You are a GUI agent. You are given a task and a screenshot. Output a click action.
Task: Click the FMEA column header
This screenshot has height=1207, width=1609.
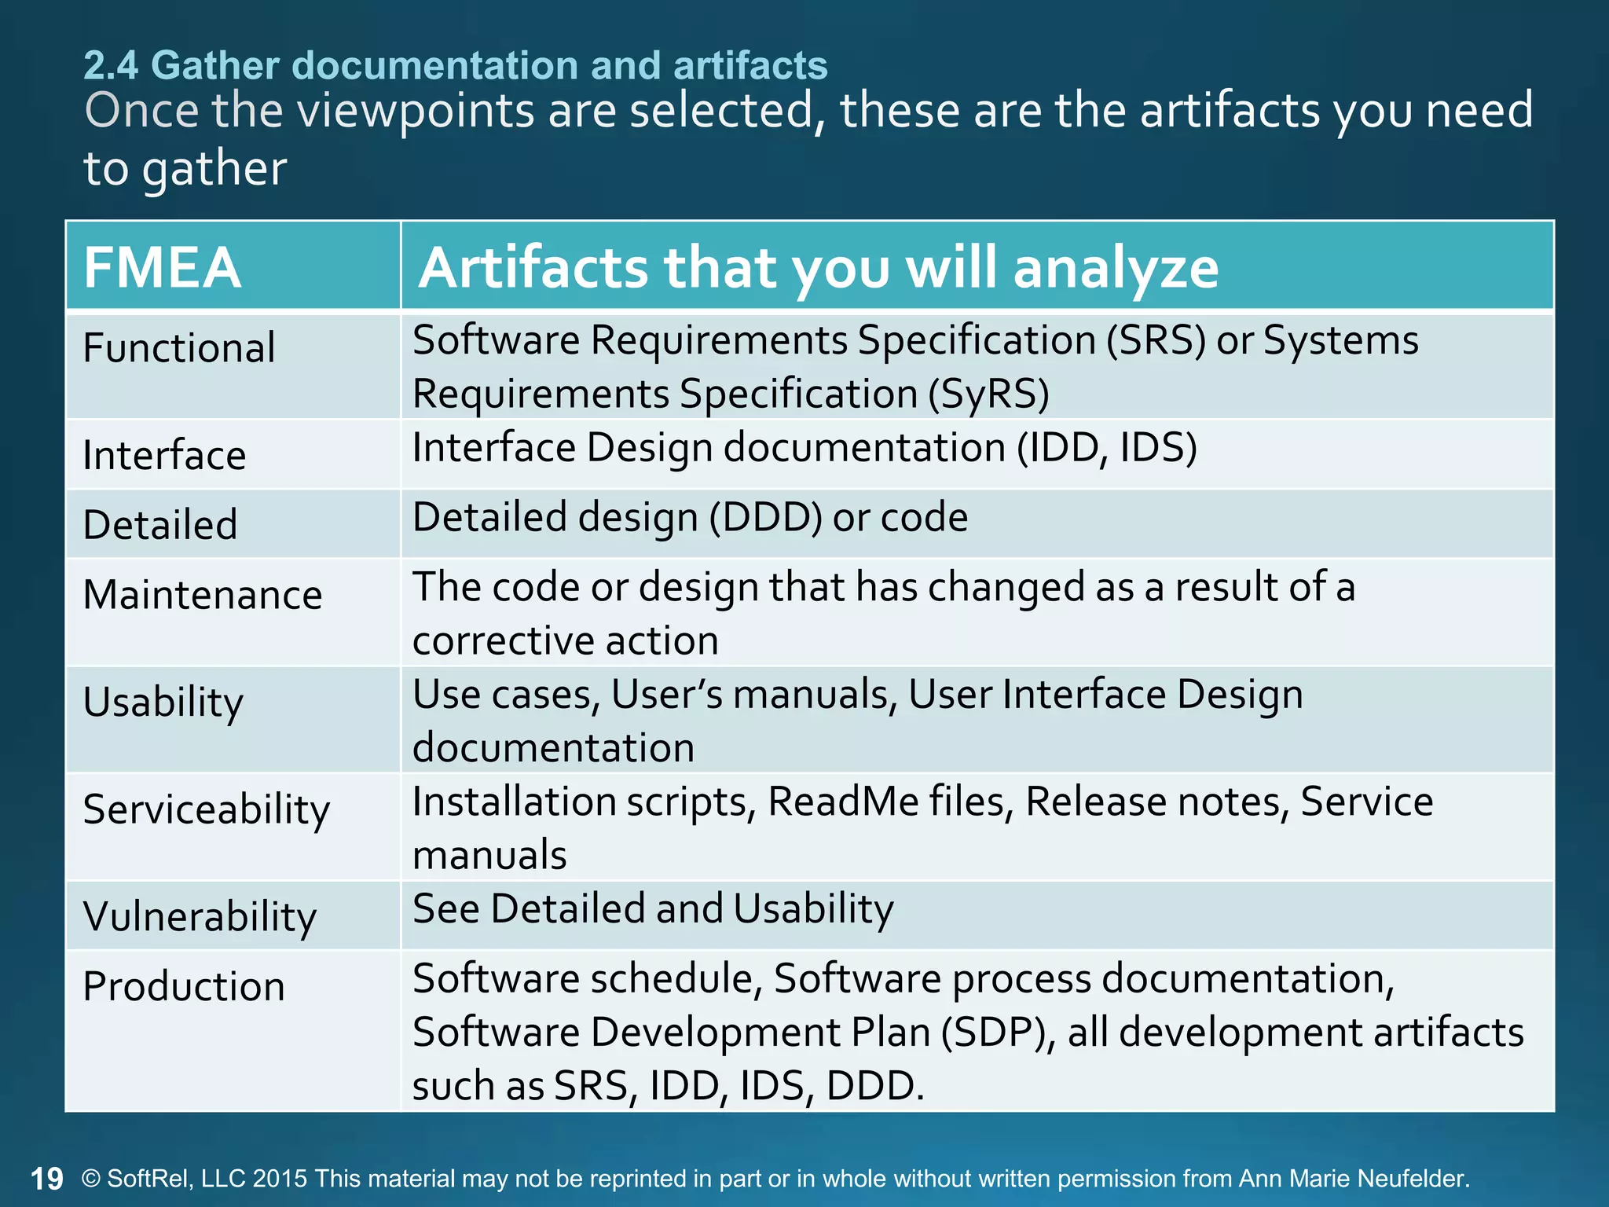point(162,267)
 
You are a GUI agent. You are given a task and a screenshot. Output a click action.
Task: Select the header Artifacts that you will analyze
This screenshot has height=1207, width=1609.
point(818,267)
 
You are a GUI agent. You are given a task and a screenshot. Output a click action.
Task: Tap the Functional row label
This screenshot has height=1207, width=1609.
point(179,347)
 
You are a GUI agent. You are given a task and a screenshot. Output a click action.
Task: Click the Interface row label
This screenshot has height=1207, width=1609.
point(164,455)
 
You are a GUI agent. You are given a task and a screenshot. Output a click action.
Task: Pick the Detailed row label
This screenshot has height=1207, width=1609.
point(160,524)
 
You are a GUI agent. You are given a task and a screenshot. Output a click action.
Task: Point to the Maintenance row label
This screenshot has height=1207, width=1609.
point(203,594)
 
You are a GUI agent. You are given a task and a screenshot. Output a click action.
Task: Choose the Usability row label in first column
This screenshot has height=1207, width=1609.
point(163,702)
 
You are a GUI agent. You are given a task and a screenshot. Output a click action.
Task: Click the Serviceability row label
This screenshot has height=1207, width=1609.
point(207,809)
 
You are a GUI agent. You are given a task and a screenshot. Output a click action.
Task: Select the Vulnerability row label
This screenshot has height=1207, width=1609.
point(200,916)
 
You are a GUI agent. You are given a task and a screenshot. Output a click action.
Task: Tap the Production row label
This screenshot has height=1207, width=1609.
point(184,986)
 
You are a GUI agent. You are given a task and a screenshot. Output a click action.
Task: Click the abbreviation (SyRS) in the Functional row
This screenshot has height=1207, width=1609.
point(988,394)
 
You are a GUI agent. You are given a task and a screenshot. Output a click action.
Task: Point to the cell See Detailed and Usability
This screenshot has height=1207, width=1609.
point(653,909)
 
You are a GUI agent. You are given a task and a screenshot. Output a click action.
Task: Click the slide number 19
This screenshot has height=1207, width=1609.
point(46,1179)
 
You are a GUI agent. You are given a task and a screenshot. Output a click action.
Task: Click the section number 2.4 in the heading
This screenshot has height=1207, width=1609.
point(111,65)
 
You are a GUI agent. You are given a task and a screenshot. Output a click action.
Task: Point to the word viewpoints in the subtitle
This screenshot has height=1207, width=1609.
point(417,110)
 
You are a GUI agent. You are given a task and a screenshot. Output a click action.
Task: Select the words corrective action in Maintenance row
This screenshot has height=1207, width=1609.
point(565,640)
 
